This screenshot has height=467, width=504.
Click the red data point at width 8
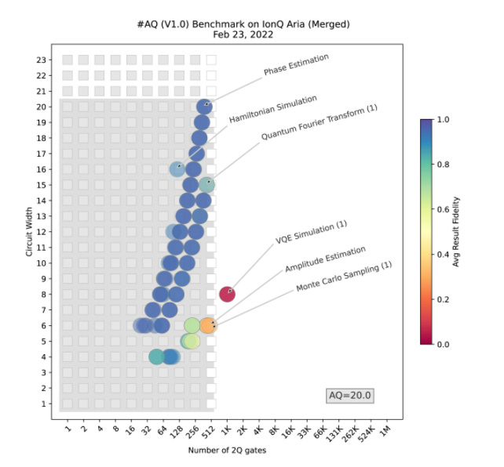(227, 295)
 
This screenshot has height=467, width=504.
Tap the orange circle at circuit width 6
(208, 325)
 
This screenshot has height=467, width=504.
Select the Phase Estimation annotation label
(296, 65)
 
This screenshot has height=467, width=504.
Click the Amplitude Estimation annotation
(325, 259)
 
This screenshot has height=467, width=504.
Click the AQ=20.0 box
(349, 396)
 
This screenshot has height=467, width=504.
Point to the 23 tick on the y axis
(49, 60)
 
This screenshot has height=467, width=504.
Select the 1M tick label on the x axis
(383, 430)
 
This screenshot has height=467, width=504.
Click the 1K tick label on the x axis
(225, 430)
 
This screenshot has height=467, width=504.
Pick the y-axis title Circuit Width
(30, 232)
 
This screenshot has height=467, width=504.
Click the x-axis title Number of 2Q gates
(225, 451)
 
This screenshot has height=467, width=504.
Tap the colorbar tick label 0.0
(444, 344)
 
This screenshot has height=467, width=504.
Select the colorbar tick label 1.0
(444, 119)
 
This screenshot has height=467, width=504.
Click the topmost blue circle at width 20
(204, 107)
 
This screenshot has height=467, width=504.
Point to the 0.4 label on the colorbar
(444, 254)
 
